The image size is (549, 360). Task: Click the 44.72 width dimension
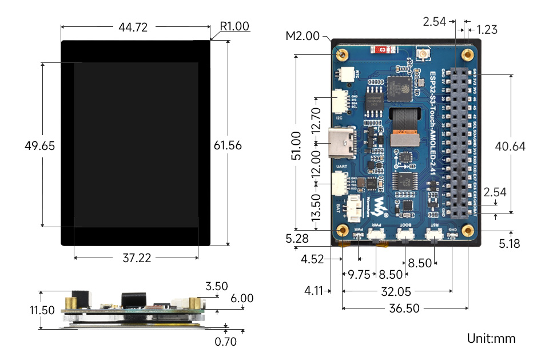tap(136, 26)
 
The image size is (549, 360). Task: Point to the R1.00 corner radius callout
tap(234, 26)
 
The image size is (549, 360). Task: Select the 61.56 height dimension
tap(228, 145)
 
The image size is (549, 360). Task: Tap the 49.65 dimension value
tap(40, 146)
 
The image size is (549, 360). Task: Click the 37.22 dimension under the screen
tap(136, 258)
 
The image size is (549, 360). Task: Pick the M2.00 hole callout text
tap(303, 37)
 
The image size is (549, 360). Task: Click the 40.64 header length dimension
tap(511, 146)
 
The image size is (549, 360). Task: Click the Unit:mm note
tap(491, 338)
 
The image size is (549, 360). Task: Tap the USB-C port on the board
tap(343, 140)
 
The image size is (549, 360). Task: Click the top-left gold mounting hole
tap(343, 55)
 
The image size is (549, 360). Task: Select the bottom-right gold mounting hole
tap(468, 231)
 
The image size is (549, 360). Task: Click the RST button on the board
tap(434, 235)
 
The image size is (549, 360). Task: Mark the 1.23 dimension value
tap(487, 29)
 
